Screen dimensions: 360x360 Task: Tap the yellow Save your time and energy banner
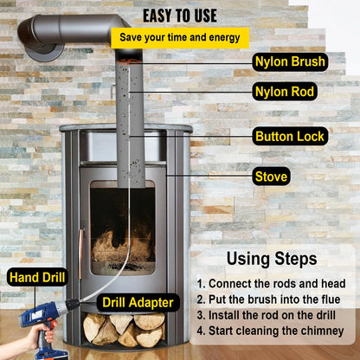(x=180, y=37)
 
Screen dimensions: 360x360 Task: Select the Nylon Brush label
(x=290, y=61)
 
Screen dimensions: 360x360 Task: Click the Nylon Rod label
(x=285, y=91)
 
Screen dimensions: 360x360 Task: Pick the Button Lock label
(x=290, y=136)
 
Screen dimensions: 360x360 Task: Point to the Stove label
(x=271, y=177)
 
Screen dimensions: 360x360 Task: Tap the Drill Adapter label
(x=139, y=302)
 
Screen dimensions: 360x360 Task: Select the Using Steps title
(x=271, y=258)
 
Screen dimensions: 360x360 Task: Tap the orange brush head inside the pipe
(x=130, y=55)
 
